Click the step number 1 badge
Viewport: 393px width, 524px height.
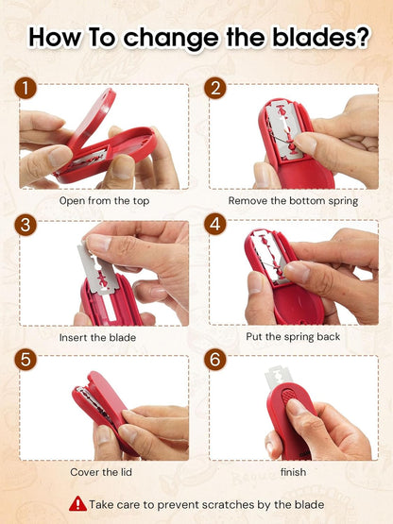tap(26, 88)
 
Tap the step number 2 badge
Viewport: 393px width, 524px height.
tap(215, 88)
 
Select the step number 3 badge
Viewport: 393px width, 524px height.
tap(26, 225)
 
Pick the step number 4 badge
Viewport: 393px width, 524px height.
tap(215, 225)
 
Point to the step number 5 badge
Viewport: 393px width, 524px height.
tap(26, 360)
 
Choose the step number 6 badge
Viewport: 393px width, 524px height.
tap(215, 360)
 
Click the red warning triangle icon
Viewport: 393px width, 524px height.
tap(77, 503)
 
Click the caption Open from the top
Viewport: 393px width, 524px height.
tap(104, 201)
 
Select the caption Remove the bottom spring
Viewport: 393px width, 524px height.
tap(293, 201)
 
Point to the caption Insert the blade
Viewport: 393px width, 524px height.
tap(97, 337)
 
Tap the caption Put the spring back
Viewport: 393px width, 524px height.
tap(293, 336)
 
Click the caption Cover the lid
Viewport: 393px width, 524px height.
tap(101, 472)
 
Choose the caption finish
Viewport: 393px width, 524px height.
tap(293, 472)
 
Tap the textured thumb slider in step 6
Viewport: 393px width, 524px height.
tap(290, 397)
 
